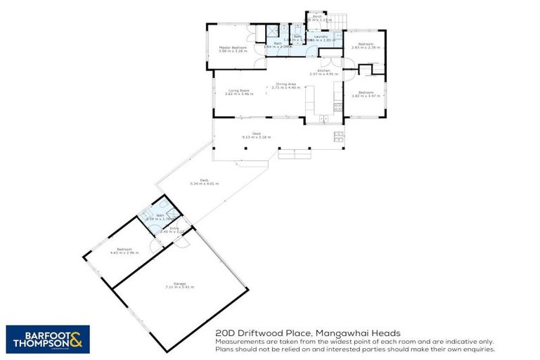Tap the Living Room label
(239, 90)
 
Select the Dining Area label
(285, 84)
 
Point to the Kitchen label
(323, 71)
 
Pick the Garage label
(179, 283)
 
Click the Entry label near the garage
(165, 228)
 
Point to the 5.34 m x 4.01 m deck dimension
(204, 184)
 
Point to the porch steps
(339, 19)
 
